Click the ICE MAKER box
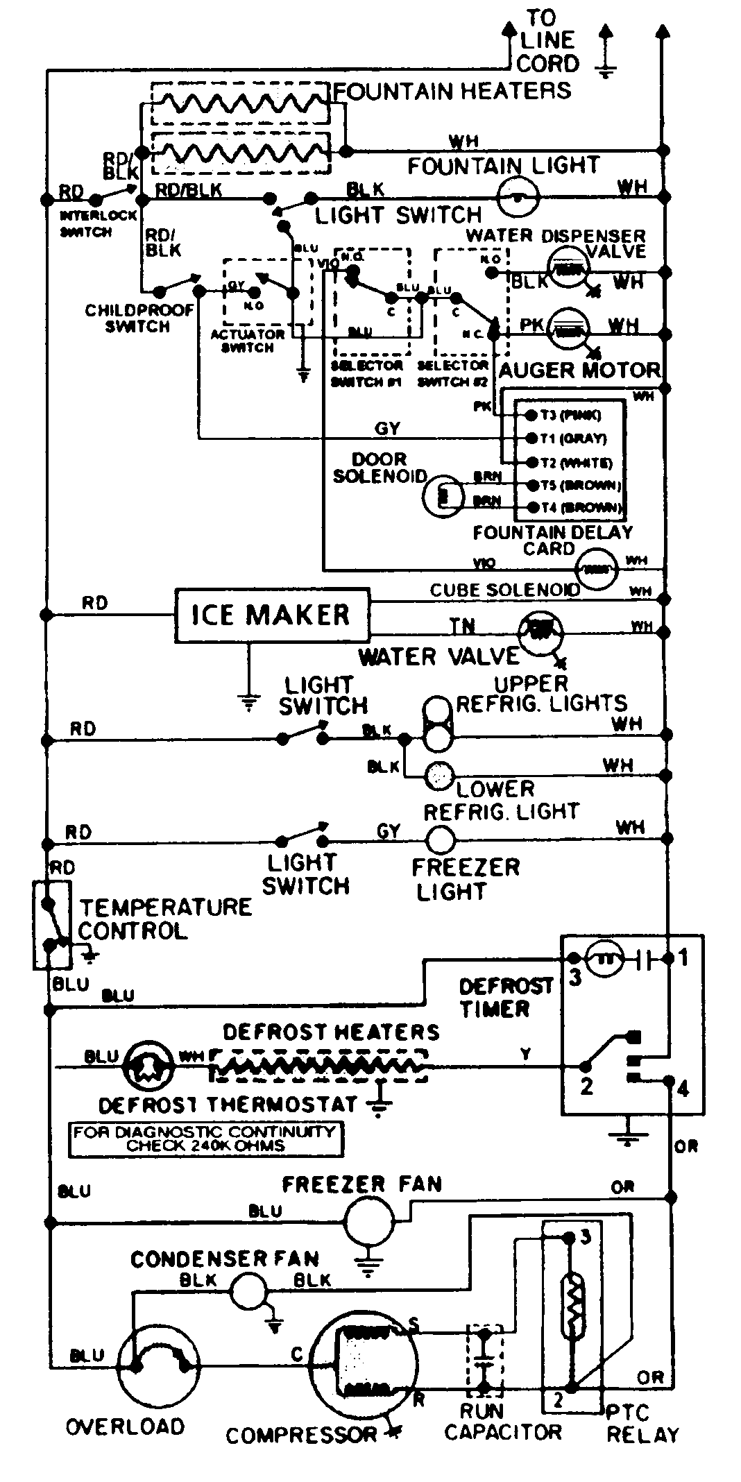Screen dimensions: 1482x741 pyautogui.click(x=271, y=615)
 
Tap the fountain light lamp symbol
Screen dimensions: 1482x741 pyautogui.click(x=518, y=197)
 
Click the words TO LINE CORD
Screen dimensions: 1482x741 pyautogui.click(x=547, y=41)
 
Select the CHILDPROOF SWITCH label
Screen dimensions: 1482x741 pyautogui.click(x=139, y=318)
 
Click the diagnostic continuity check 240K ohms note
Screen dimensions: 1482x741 pyautogui.click(x=205, y=1139)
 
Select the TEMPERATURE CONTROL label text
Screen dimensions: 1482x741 pyautogui.click(x=164, y=918)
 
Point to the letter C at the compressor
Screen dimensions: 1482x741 pyautogui.click(x=297, y=1354)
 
